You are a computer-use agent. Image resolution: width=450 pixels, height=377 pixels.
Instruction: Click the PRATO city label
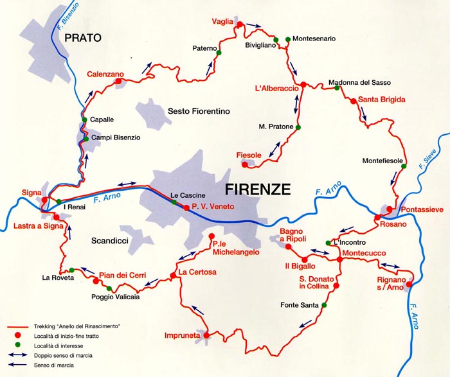click(x=83, y=38)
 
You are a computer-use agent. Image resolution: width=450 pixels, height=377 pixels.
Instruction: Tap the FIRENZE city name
click(x=257, y=189)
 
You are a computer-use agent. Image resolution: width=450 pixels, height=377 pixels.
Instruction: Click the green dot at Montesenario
click(x=287, y=39)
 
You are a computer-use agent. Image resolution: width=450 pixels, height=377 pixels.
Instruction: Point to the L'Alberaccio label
click(x=276, y=87)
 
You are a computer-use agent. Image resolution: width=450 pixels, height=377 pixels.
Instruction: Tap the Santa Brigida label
click(x=376, y=100)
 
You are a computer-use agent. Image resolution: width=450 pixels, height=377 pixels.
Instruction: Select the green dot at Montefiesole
click(x=404, y=167)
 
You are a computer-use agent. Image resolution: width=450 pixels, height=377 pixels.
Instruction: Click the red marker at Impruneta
click(x=206, y=335)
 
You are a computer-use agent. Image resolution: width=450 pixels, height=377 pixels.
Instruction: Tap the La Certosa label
click(x=197, y=272)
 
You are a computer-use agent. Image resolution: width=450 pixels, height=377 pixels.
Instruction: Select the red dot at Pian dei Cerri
click(x=95, y=281)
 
